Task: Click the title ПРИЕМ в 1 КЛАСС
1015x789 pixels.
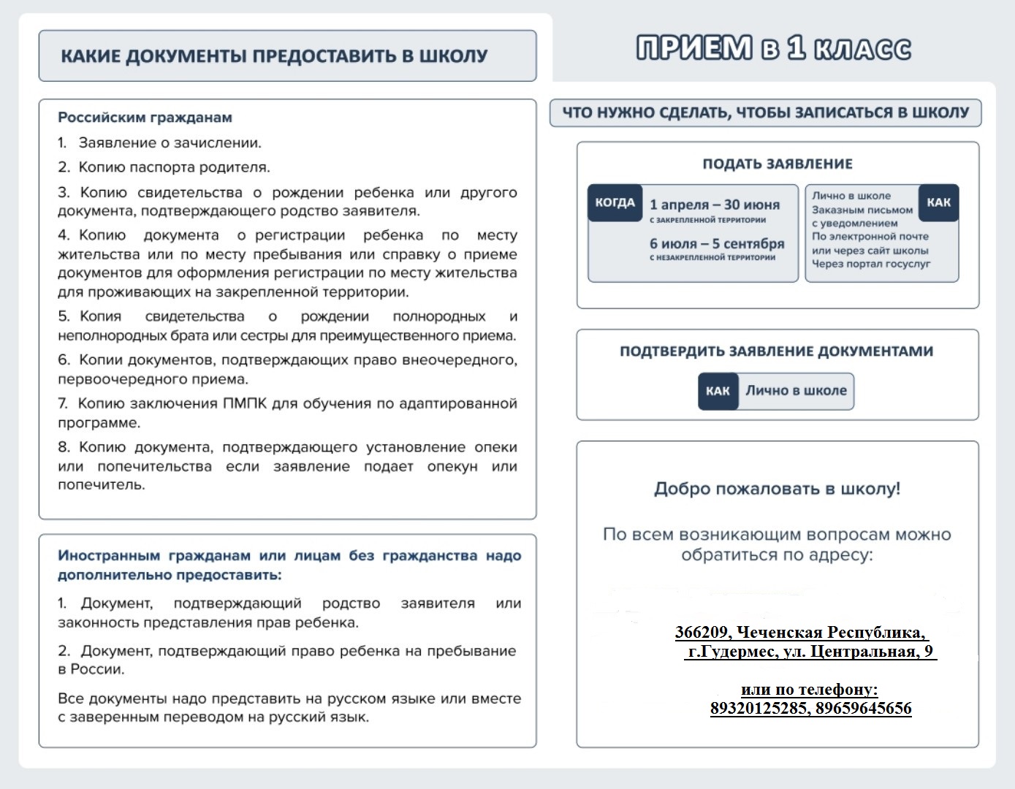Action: pyautogui.click(x=774, y=48)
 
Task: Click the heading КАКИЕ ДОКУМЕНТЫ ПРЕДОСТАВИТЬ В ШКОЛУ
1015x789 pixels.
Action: pyautogui.click(x=274, y=56)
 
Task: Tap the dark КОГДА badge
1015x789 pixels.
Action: pyautogui.click(x=615, y=202)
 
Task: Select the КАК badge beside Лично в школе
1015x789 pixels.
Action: pyautogui.click(x=718, y=391)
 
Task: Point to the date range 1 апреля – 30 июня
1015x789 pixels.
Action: pyautogui.click(x=715, y=205)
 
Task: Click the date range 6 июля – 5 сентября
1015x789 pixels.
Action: pyautogui.click(x=717, y=243)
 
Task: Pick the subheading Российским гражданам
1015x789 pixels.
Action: pyautogui.click(x=145, y=118)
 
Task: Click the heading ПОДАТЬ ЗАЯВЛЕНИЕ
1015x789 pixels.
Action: pyautogui.click(x=778, y=164)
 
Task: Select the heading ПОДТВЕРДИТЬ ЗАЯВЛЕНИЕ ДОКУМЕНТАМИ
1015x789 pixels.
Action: pyautogui.click(x=776, y=351)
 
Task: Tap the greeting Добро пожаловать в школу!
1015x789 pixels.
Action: pyautogui.click(x=777, y=489)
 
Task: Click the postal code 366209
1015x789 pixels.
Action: pyautogui.click(x=702, y=632)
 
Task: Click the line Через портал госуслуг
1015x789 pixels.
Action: pyautogui.click(x=871, y=264)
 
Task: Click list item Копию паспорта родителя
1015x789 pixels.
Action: pyautogui.click(x=174, y=167)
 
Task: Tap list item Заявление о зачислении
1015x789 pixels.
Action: pyautogui.click(x=170, y=143)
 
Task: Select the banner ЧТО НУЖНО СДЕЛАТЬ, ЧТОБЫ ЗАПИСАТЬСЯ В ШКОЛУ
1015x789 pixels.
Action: pyautogui.click(x=765, y=113)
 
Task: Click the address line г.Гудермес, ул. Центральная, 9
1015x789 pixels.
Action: pyautogui.click(x=810, y=651)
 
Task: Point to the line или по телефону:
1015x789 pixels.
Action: pyautogui.click(x=809, y=689)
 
